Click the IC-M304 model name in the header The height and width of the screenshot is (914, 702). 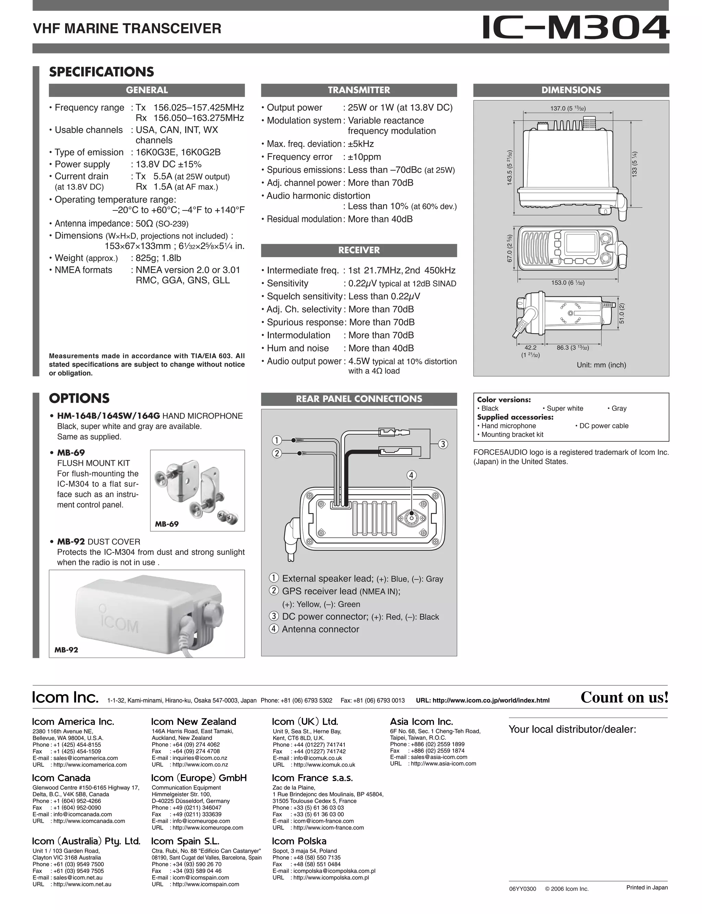576,28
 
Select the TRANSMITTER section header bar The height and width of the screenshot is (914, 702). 359,90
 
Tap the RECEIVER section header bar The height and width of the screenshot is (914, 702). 359,250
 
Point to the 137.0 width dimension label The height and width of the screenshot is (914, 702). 567,109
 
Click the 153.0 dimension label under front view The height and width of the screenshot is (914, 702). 567,283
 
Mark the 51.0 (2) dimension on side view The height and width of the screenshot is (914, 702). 622,313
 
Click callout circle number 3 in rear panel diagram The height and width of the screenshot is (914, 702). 443,444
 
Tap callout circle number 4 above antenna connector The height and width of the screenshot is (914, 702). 411,475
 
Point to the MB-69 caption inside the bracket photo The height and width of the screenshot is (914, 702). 167,524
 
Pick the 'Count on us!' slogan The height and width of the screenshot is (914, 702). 624,697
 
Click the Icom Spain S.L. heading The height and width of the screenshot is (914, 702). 185,841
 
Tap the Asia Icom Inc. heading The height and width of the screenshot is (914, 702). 421,721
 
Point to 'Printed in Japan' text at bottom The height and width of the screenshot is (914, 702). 646,887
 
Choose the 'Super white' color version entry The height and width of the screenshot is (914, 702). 565,408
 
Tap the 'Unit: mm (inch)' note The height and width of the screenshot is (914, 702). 601,365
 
